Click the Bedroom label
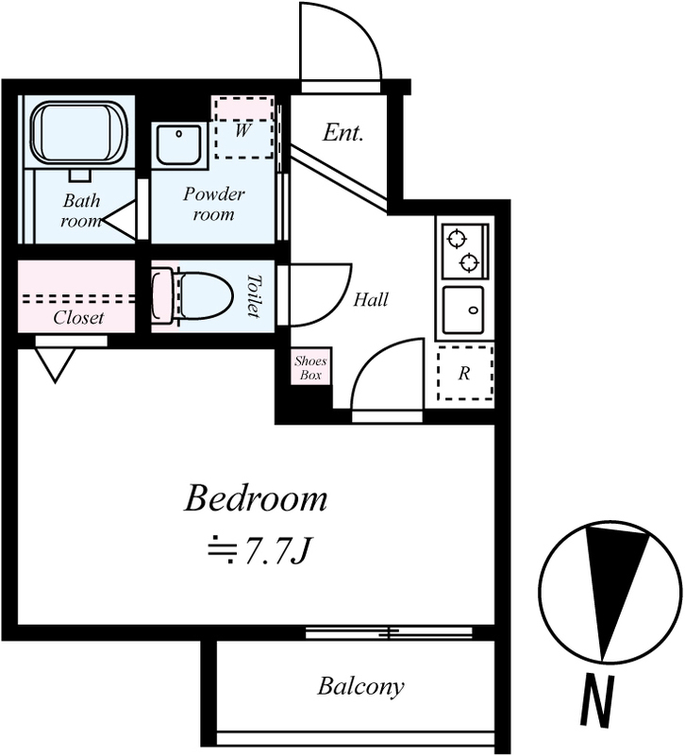click(x=256, y=498)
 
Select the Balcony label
click(x=360, y=687)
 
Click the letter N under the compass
click(x=597, y=701)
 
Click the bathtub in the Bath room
click(x=79, y=132)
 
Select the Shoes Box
click(x=311, y=367)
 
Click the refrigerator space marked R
click(x=465, y=372)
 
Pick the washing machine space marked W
click(x=243, y=128)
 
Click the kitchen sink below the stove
click(x=463, y=310)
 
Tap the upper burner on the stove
click(x=457, y=239)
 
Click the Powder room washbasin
click(x=179, y=145)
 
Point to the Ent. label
click(x=342, y=132)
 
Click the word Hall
click(x=371, y=299)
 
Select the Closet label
click(x=78, y=317)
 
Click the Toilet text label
click(x=254, y=295)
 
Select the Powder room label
click(x=214, y=204)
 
